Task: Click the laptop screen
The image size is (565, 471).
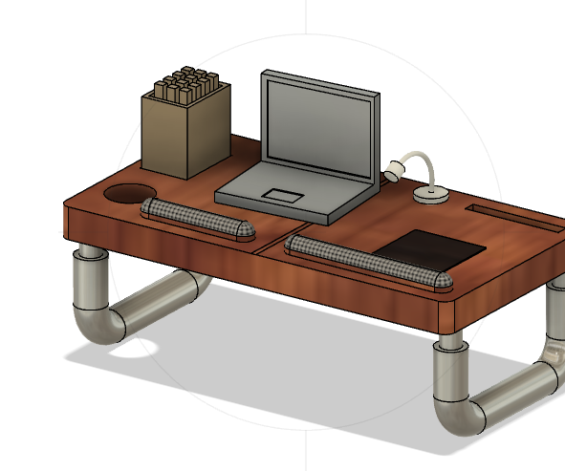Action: coord(318,128)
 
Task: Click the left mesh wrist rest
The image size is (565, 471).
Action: coord(197,219)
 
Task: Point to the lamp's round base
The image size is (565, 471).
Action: coord(431,194)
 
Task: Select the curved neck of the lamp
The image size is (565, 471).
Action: coord(422,160)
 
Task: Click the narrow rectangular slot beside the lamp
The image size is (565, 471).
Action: coord(511,215)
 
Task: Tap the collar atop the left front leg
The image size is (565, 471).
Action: coord(91,253)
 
